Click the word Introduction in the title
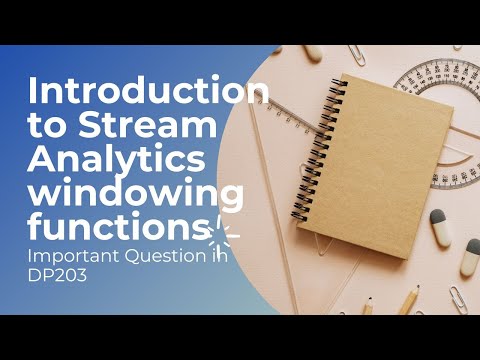(x=150, y=93)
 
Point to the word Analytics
(x=118, y=160)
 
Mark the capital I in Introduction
(x=35, y=93)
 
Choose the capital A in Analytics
(x=46, y=160)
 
